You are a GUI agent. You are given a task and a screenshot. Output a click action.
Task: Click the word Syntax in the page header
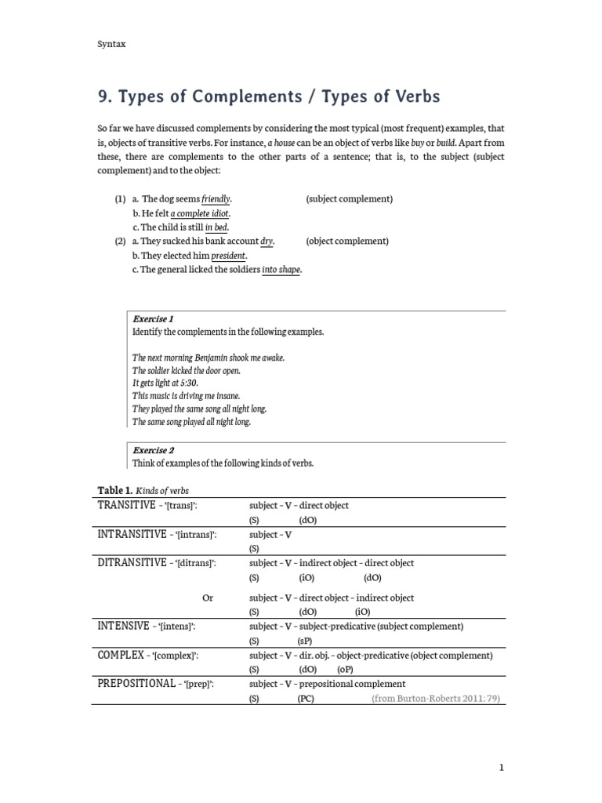pyautogui.click(x=111, y=45)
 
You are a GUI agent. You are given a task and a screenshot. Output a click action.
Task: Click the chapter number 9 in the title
pyautogui.click(x=103, y=97)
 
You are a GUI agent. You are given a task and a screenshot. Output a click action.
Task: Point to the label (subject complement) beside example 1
pyautogui.click(x=349, y=199)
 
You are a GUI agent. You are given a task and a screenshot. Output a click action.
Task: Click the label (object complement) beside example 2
pyautogui.click(x=347, y=242)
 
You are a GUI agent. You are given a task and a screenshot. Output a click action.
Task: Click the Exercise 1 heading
pyautogui.click(x=153, y=319)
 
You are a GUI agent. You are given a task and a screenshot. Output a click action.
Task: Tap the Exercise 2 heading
pyautogui.click(x=153, y=450)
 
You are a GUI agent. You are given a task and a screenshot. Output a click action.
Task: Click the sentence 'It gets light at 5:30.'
pyautogui.click(x=165, y=383)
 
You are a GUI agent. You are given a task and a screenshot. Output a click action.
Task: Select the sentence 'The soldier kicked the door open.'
pyautogui.click(x=187, y=370)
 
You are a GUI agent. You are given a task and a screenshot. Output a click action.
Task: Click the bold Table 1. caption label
pyautogui.click(x=114, y=491)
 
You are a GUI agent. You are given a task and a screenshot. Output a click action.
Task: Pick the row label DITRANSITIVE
pyautogui.click(x=130, y=563)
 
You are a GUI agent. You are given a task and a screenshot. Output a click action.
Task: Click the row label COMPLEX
pyautogui.click(x=121, y=655)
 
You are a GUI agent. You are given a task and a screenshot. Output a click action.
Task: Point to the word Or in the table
pyautogui.click(x=208, y=598)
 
